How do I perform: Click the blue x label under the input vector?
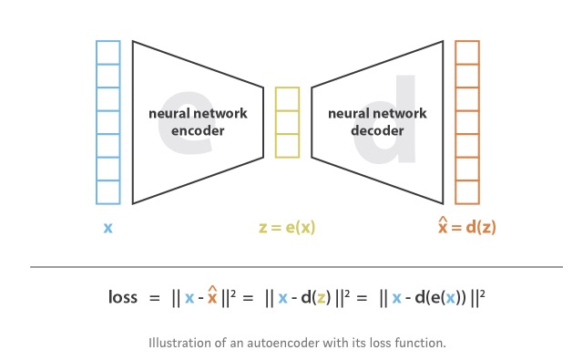pos(107,228)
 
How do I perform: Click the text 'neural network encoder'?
pos(187,122)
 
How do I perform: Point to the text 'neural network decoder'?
pos(363,122)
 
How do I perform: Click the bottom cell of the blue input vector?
pos(107,191)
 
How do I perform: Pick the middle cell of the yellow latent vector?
pos(287,122)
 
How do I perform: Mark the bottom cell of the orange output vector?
pos(466,191)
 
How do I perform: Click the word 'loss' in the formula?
pos(124,298)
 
